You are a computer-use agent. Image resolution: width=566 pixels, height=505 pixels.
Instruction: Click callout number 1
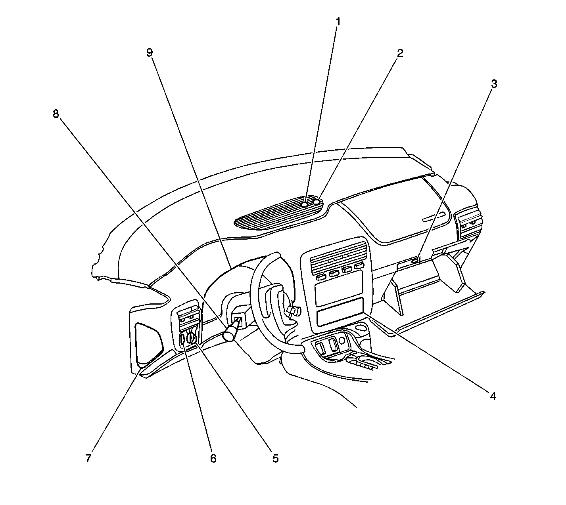pos(338,22)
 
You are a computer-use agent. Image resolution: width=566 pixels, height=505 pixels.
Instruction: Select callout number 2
pos(400,53)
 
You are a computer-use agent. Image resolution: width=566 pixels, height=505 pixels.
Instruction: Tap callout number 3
pos(494,84)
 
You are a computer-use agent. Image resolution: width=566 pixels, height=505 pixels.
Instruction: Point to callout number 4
pos(493,396)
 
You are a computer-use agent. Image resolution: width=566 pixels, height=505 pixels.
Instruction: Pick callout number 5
pos(275,458)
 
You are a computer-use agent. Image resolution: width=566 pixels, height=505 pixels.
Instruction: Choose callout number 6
pos(213,458)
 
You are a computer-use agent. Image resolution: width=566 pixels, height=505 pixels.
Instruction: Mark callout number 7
pos(88,458)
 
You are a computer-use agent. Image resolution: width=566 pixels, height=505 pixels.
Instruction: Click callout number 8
pos(56,114)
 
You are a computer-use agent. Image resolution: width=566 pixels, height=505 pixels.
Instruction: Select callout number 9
pos(150,52)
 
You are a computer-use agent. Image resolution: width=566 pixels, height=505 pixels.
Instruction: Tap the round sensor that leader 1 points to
pos(304,204)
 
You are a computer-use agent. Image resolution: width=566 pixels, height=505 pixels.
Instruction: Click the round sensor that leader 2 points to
pos(317,202)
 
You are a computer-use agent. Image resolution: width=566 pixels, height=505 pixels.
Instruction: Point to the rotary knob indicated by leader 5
pos(192,339)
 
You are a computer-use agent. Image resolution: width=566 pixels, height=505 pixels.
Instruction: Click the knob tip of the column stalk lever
pos(229,335)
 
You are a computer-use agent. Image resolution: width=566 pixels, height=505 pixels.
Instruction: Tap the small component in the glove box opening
pos(415,260)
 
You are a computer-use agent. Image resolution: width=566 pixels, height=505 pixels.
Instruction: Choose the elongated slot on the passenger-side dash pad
pos(434,217)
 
